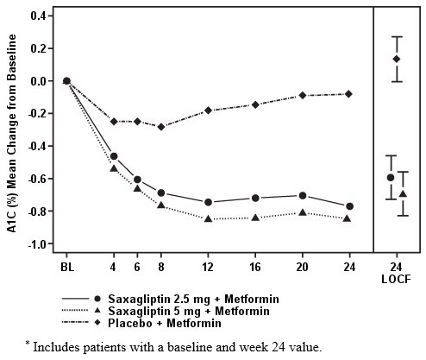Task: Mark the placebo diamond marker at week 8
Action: pyautogui.click(x=160, y=127)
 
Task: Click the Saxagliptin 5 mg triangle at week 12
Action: pyautogui.click(x=208, y=219)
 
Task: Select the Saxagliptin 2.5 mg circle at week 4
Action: pyautogui.click(x=114, y=156)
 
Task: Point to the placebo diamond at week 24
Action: pyautogui.click(x=348, y=93)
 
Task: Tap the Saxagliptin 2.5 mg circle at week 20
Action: pyautogui.click(x=302, y=195)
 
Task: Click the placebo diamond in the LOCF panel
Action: pyautogui.click(x=397, y=59)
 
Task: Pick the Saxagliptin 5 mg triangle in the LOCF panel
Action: pyautogui.click(x=403, y=193)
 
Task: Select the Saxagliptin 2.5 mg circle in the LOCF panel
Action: pyautogui.click(x=391, y=177)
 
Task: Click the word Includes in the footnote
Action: pyautogui.click(x=57, y=347)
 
